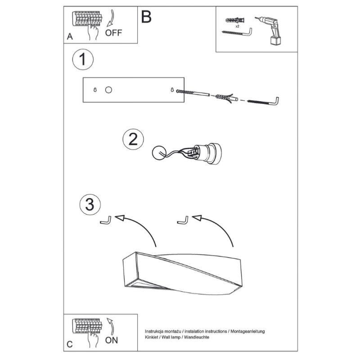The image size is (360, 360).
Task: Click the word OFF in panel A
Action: [113, 33]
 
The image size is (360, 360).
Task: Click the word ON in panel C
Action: [112, 340]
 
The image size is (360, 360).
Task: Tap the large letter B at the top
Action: [146, 17]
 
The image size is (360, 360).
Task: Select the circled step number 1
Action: [83, 59]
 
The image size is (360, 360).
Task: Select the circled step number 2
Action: [133, 139]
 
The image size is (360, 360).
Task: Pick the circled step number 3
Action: [90, 204]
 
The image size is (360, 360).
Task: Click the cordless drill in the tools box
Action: [269, 31]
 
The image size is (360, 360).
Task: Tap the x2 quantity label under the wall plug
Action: [238, 26]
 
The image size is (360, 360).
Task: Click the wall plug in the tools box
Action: [235, 20]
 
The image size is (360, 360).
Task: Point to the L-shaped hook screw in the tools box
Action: [237, 32]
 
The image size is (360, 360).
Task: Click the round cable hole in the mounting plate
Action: [108, 90]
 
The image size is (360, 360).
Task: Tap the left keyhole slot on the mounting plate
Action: [95, 90]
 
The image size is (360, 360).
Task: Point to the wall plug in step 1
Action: [227, 98]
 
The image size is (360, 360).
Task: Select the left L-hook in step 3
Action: [106, 220]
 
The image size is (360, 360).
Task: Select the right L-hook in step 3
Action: [183, 220]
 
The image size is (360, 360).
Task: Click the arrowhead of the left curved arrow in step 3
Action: [120, 218]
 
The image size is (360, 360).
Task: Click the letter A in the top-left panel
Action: [70, 36]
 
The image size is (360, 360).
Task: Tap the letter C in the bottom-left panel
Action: [70, 344]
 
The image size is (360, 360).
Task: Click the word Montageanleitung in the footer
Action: [247, 331]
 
